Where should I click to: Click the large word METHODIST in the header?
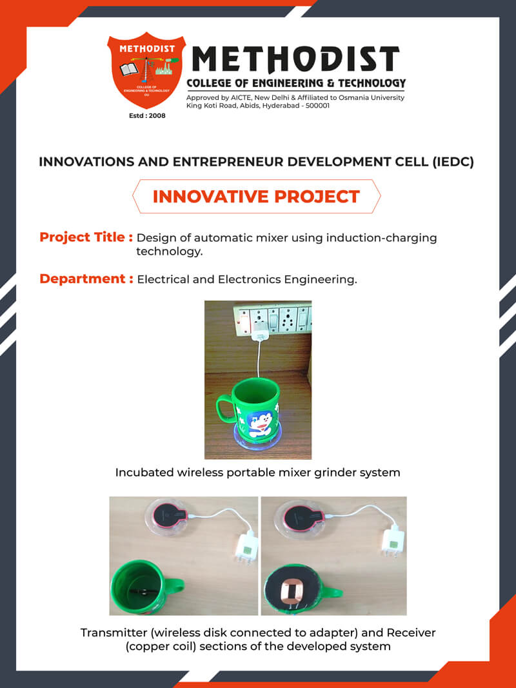point(296,60)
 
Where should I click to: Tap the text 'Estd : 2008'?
point(148,116)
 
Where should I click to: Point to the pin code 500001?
point(316,105)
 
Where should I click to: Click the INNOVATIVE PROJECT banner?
point(256,197)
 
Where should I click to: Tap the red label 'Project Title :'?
point(86,237)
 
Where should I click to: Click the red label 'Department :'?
point(86,279)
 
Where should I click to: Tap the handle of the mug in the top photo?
point(224,405)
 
